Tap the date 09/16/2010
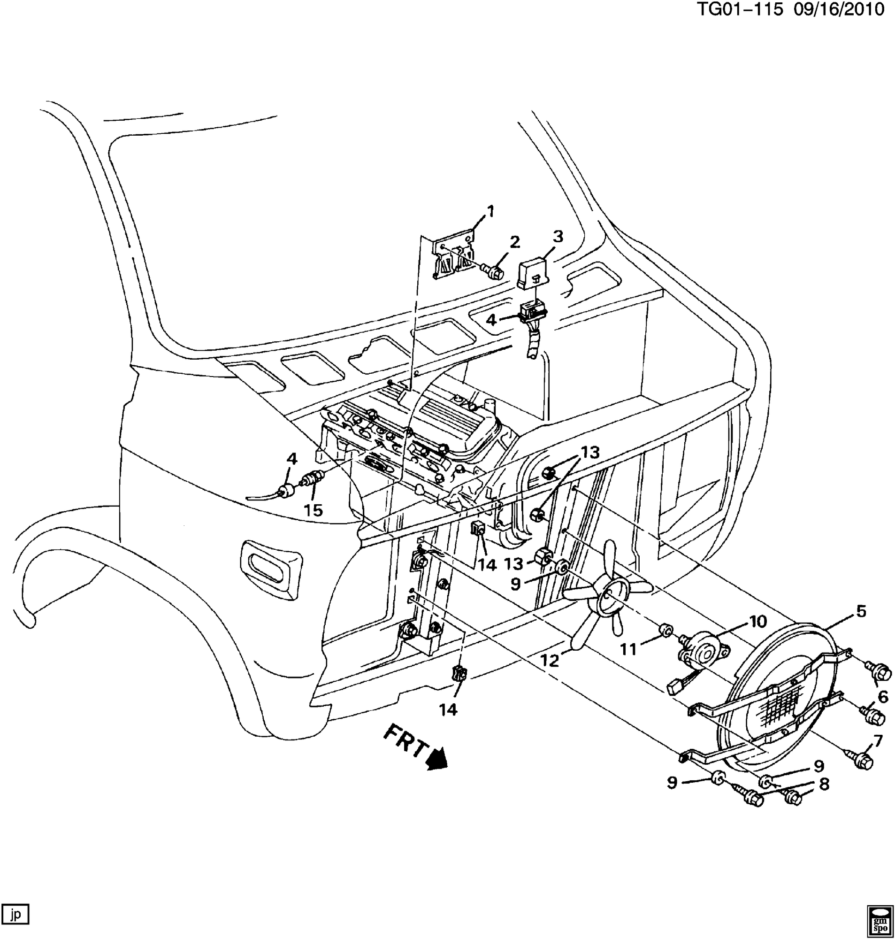(x=839, y=9)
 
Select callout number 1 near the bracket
(x=490, y=211)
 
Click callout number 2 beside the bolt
(x=514, y=242)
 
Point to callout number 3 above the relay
(x=558, y=237)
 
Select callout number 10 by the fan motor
(x=757, y=621)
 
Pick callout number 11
(x=628, y=649)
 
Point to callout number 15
(x=314, y=510)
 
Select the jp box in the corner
(x=16, y=914)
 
